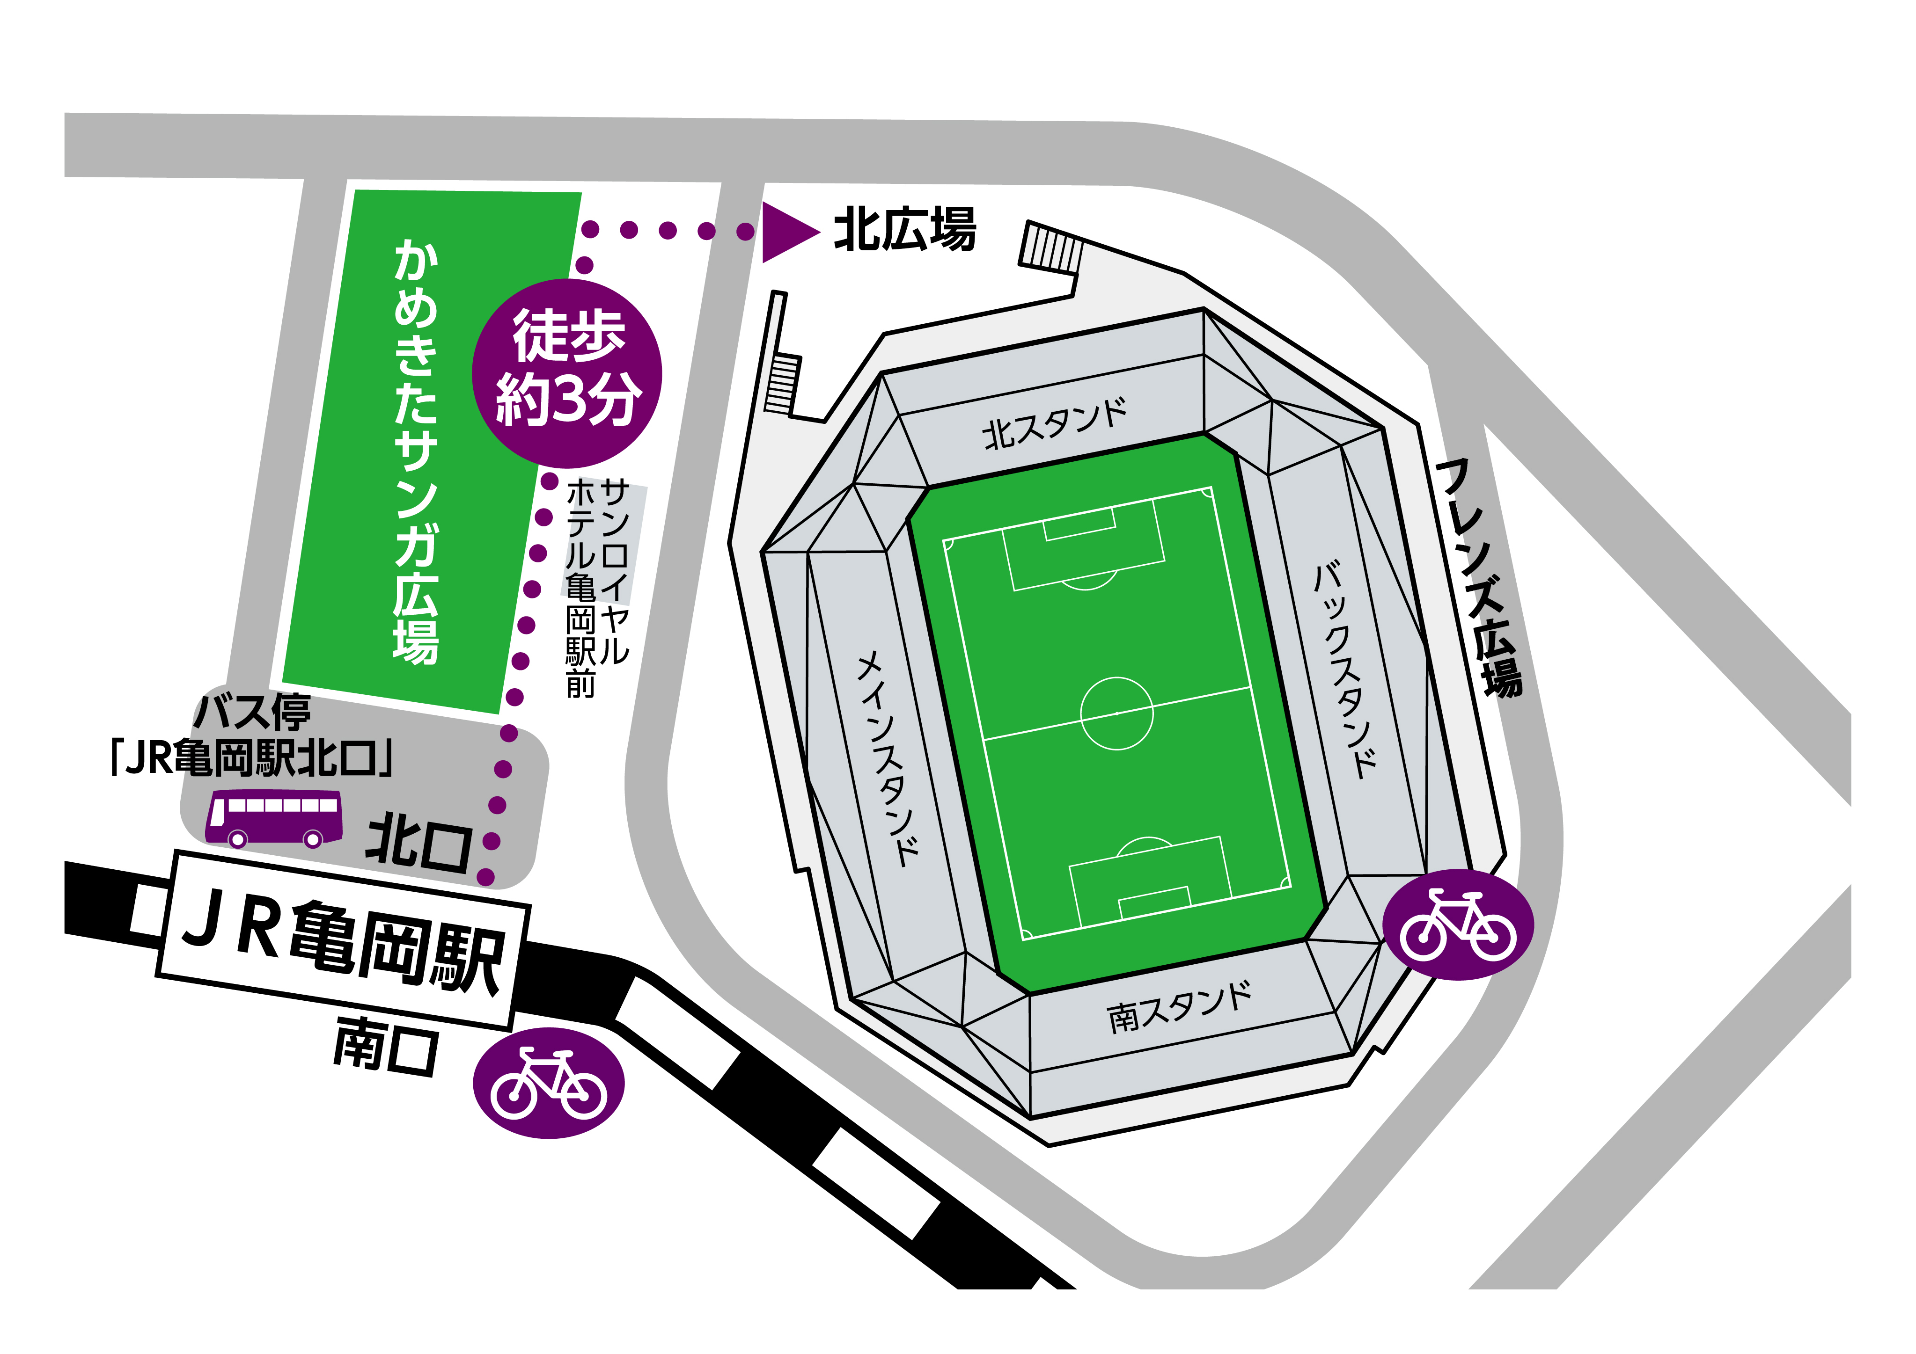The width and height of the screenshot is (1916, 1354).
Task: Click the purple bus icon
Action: [274, 817]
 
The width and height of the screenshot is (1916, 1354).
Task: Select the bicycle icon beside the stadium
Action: [1458, 924]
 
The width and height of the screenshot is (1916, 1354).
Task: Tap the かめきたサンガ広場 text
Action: [416, 451]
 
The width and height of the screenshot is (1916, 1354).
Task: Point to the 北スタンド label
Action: [1055, 424]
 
